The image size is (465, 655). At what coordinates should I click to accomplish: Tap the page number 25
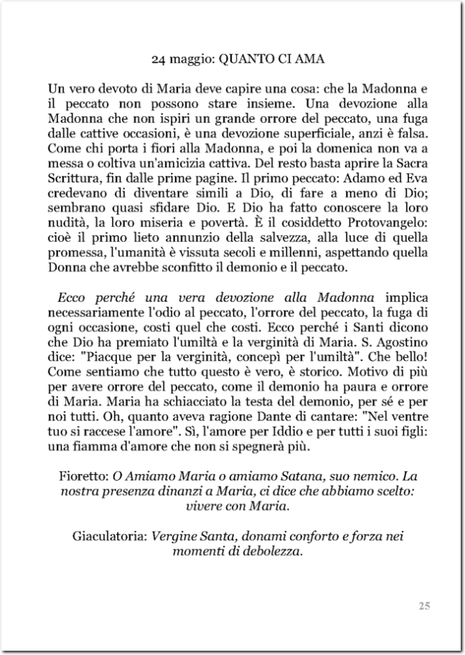424,606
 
